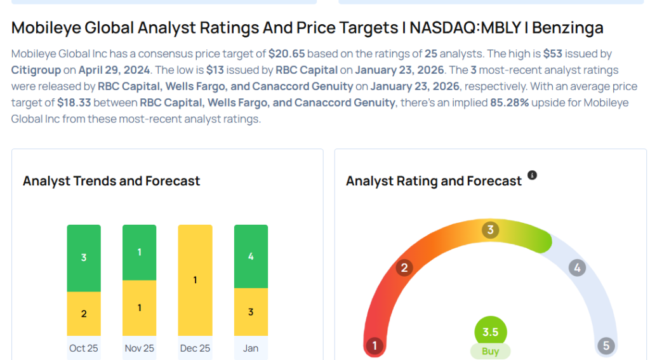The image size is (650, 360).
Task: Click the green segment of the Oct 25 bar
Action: pyautogui.click(x=84, y=258)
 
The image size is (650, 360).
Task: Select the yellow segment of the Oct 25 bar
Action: pyautogui.click(x=84, y=314)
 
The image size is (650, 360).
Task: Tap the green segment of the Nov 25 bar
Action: pyautogui.click(x=139, y=252)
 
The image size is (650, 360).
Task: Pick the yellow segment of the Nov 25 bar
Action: pyautogui.click(x=139, y=308)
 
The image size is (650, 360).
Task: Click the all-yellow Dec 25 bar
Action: pyautogui.click(x=195, y=280)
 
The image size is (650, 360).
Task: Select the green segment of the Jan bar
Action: pyautogui.click(x=251, y=257)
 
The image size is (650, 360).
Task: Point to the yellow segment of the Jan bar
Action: pyautogui.click(x=251, y=312)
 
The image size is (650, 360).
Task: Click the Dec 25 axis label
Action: pyautogui.click(x=195, y=348)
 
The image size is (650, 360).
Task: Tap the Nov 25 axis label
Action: pyautogui.click(x=139, y=348)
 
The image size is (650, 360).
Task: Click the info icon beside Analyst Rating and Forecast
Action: pyautogui.click(x=532, y=175)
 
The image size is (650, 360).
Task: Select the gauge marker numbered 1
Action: pyautogui.click(x=375, y=346)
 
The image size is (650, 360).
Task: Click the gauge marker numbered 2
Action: pyautogui.click(x=404, y=268)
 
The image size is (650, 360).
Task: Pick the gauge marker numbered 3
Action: pyautogui.click(x=489, y=230)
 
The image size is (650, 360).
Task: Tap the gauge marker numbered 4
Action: pyautogui.click(x=577, y=268)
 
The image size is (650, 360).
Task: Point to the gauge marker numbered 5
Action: pyautogui.click(x=606, y=346)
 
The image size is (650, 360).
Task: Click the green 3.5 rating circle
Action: pyautogui.click(x=490, y=332)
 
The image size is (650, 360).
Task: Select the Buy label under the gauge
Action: pyautogui.click(x=490, y=351)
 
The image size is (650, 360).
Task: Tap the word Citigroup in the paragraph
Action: pyautogui.click(x=38, y=70)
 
